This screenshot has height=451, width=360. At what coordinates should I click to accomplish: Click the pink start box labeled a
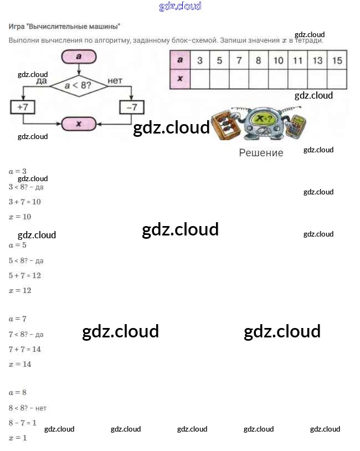tap(79, 57)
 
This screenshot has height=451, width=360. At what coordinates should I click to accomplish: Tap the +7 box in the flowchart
tap(23, 106)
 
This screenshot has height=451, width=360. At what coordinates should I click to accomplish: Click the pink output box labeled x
tap(78, 124)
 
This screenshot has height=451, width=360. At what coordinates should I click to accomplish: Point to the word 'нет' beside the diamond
tap(115, 81)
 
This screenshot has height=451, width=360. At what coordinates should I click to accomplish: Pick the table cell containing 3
tap(200, 60)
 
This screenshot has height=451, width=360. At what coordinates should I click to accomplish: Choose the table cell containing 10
tap(278, 60)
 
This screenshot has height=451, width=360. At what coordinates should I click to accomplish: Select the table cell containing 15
tap(337, 60)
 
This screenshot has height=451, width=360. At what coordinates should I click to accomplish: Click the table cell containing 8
tap(258, 60)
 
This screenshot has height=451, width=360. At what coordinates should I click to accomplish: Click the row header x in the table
tap(180, 79)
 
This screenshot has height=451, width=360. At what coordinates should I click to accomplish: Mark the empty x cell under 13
tap(317, 79)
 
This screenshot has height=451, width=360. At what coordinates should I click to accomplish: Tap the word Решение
tap(261, 153)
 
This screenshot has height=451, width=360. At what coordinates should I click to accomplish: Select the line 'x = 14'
tap(20, 365)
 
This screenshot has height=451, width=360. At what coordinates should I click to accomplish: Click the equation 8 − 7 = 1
tap(23, 423)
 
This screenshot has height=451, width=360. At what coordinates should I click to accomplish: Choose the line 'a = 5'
tap(18, 245)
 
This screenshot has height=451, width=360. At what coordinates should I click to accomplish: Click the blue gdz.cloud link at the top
tap(180, 7)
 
